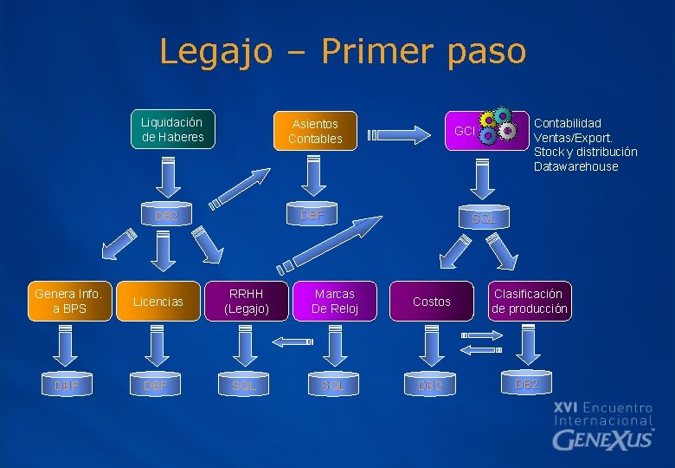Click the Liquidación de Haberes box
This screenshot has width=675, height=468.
pos(173,130)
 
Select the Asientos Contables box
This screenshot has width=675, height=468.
pos(315,131)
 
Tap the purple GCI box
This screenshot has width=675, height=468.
pos(466,131)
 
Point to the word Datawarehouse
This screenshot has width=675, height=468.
pos(575,166)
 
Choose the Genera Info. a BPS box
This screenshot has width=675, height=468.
pos(68,301)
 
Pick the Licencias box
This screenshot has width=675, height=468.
pos(157,302)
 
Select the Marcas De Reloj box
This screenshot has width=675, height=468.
pos(333,301)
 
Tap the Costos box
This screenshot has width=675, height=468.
pos(431,302)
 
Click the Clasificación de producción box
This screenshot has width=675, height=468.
pos(530,301)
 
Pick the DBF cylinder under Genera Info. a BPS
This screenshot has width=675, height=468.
pos(67,385)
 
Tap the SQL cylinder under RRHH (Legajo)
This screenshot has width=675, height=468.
pos(244,385)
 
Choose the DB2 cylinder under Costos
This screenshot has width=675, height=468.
pos(430,385)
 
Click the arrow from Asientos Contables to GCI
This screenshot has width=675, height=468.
pos(399,133)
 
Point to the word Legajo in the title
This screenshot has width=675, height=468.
pos(215,51)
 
